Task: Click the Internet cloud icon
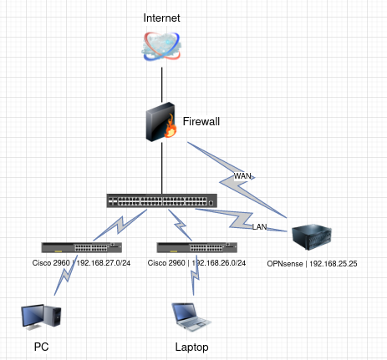[161, 46]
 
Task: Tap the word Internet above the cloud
[161, 18]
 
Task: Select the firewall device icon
[161, 122]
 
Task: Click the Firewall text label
[201, 121]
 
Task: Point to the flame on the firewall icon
[171, 127]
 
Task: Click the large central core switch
[162, 200]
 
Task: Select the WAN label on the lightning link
[242, 176]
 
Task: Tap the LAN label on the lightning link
[259, 227]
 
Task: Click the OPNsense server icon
[312, 237]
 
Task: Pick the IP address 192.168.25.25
[334, 264]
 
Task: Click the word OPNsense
[285, 264]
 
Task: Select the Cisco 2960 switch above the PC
[82, 247]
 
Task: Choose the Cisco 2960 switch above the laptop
[197, 247]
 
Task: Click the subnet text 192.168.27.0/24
[104, 263]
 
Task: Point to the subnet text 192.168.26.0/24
[219, 263]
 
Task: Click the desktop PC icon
[41, 317]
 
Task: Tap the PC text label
[41, 347]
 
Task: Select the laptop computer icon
[191, 317]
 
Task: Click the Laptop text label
[191, 347]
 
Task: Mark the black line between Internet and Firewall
[162, 84]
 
